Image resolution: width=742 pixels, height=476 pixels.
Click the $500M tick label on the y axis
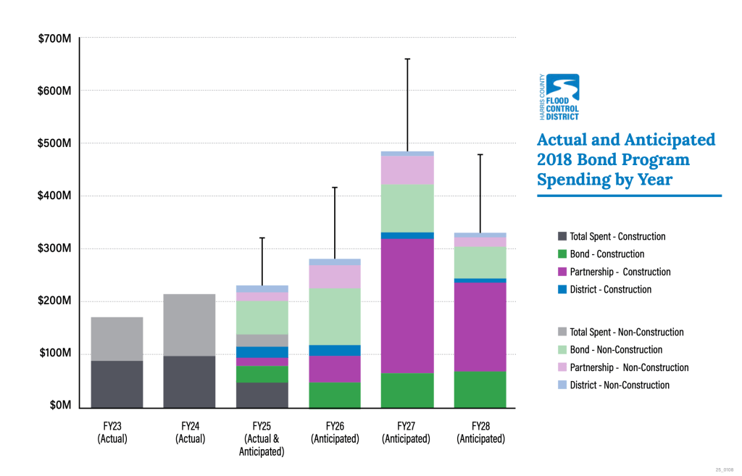coord(54,143)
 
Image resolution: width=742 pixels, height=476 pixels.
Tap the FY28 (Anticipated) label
coord(481,433)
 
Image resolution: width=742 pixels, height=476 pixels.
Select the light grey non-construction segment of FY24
coord(189,325)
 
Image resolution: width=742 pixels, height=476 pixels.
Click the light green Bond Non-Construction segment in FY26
coord(334,316)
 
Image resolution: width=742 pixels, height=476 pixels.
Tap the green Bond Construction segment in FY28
coord(480,389)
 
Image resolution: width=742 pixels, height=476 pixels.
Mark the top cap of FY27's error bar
coord(407,59)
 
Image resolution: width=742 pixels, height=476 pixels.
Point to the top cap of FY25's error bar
coord(262,238)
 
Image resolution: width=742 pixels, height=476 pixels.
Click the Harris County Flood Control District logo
coord(561,97)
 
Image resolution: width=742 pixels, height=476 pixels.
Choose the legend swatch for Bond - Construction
coord(562,254)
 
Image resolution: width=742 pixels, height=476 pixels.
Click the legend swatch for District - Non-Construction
coord(562,385)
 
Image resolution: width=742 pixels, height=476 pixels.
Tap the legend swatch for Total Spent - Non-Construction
coord(562,333)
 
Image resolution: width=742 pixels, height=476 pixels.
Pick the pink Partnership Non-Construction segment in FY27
coord(407,170)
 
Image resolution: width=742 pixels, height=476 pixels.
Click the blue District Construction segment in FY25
coord(262,352)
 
